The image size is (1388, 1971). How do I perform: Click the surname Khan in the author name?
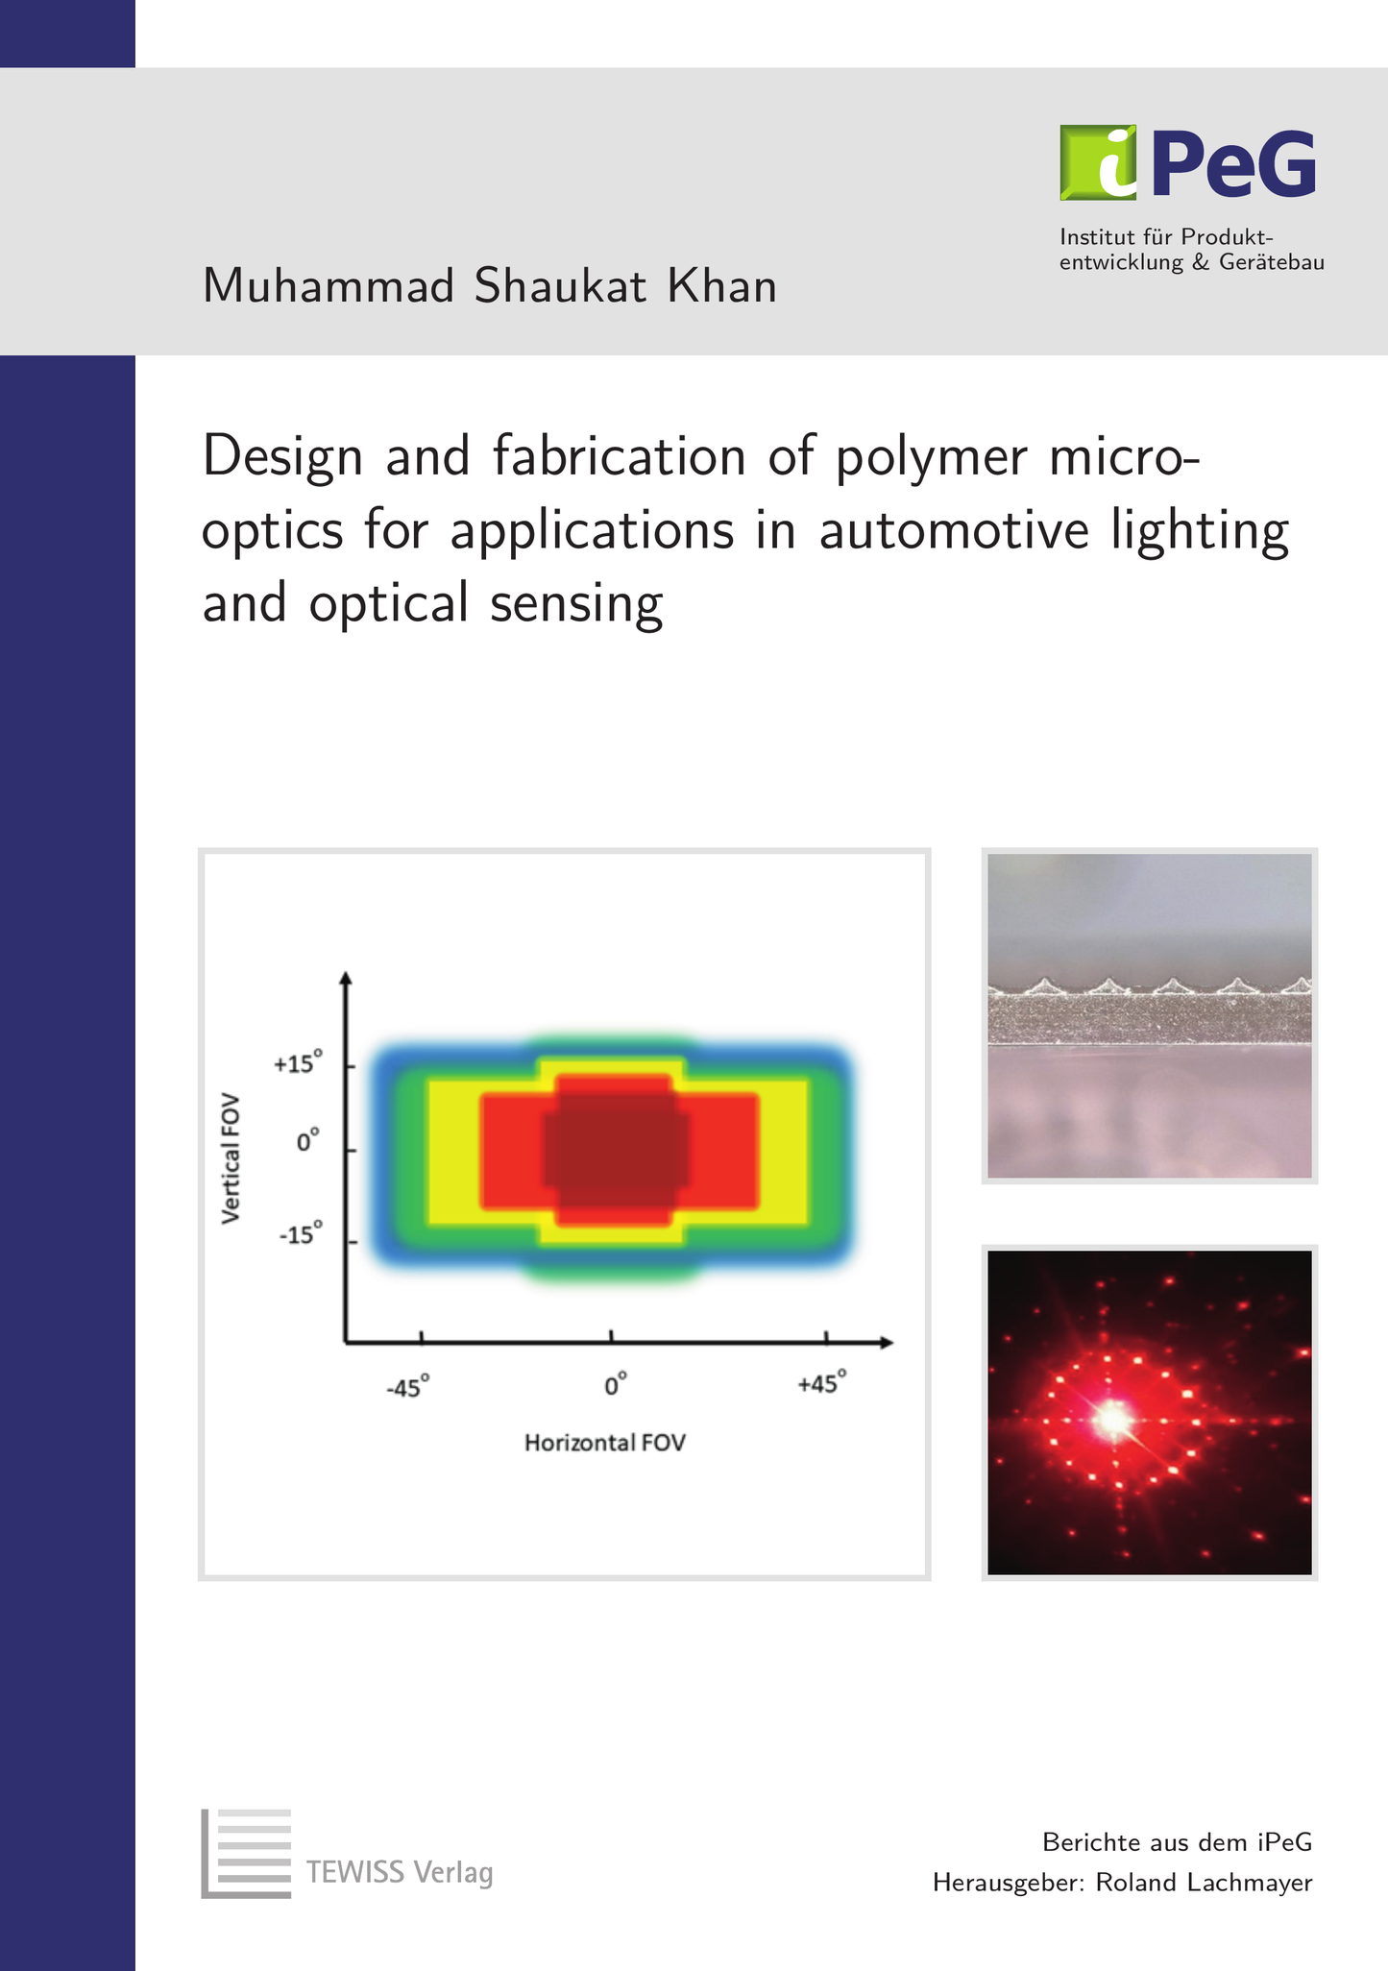click(x=722, y=286)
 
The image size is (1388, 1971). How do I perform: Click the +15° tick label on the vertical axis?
click(x=298, y=1063)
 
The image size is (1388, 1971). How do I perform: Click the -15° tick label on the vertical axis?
click(x=300, y=1233)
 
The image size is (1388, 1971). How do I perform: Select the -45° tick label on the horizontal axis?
click(x=407, y=1387)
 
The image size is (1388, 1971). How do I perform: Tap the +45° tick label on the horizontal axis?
click(x=822, y=1384)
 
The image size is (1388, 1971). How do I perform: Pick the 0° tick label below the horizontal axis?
click(x=615, y=1385)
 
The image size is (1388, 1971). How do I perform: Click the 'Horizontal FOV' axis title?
click(x=605, y=1443)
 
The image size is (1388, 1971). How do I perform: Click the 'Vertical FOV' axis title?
click(x=231, y=1158)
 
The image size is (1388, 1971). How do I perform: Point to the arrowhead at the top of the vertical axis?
click(x=347, y=978)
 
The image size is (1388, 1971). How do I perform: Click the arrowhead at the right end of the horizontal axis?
click(x=887, y=1342)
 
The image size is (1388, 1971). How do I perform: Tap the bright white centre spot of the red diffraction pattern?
click(x=1113, y=1417)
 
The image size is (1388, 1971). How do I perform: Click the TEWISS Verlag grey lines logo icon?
click(x=246, y=1854)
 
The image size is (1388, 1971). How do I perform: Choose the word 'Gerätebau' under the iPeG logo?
click(x=1272, y=262)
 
